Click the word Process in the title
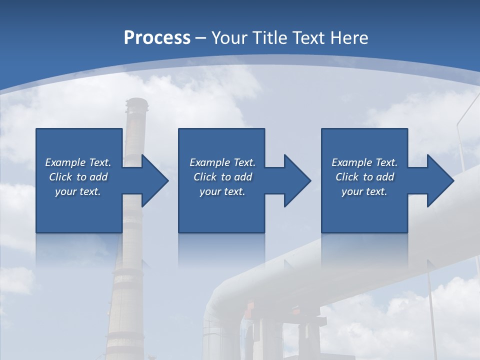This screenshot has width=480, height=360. (157, 38)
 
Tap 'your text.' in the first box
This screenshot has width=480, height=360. (78, 191)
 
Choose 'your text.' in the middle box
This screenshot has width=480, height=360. (222, 191)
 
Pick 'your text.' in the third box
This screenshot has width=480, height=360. (364, 191)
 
